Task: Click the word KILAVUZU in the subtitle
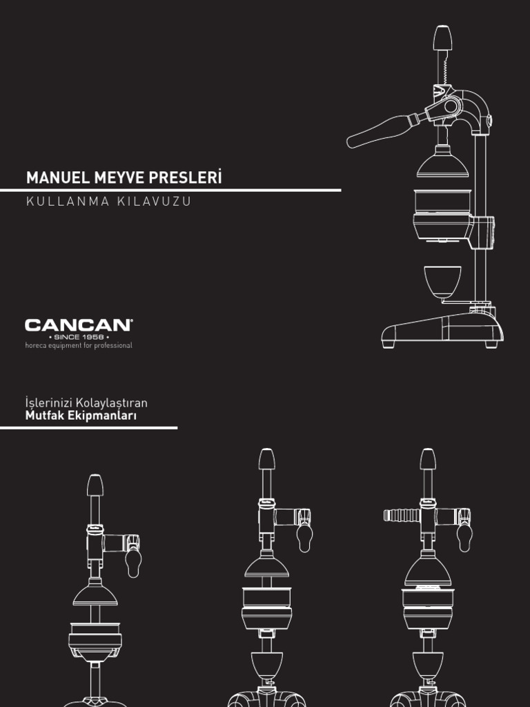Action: pos(153,202)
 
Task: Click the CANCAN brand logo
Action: pos(79,325)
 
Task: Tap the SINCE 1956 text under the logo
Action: pos(78,336)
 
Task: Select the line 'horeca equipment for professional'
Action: pos(79,345)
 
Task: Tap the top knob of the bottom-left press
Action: pos(95,485)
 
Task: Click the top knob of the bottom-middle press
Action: pos(266,458)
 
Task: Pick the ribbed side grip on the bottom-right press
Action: pos(402,515)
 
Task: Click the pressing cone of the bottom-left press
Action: pos(95,593)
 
